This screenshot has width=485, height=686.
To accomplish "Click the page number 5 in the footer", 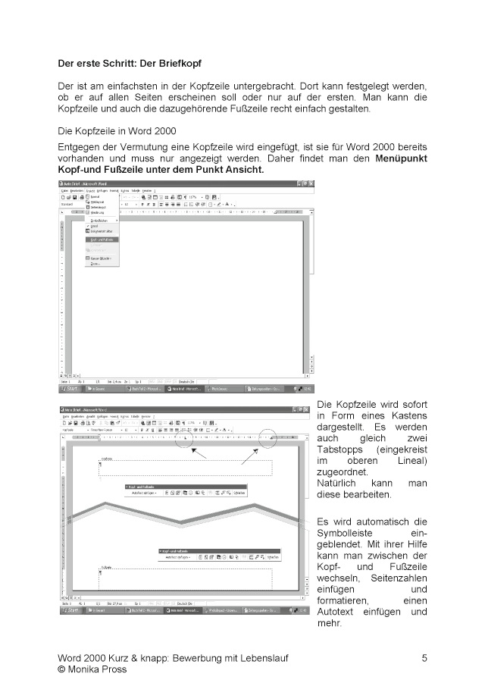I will pyautogui.click(x=424, y=658).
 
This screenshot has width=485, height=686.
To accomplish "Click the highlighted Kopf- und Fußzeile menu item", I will pyautogui.click(x=102, y=239).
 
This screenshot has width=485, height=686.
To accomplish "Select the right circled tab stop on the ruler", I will pyautogui.click(x=312, y=437).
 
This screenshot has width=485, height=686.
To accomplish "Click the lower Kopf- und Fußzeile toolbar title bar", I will pyautogui.click(x=220, y=550).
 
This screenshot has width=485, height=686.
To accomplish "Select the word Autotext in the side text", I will pyautogui.click(x=337, y=612).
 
